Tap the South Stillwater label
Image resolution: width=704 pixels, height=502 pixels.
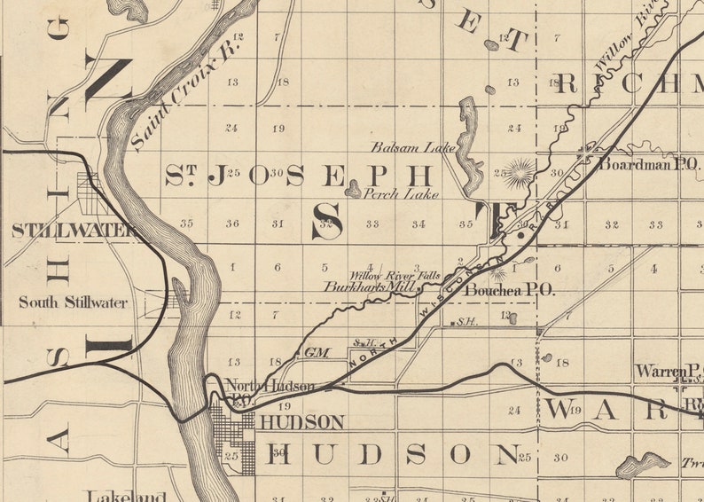[73, 302]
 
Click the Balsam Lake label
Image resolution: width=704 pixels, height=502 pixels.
[412, 147]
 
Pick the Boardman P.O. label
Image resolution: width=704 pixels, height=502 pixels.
[651, 164]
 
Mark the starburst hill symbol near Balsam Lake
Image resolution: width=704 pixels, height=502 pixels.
[520, 171]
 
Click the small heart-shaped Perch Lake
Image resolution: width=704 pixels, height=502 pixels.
[353, 189]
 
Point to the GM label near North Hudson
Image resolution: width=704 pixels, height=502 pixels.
[316, 352]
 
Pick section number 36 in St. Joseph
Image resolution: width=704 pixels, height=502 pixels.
[232, 224]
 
